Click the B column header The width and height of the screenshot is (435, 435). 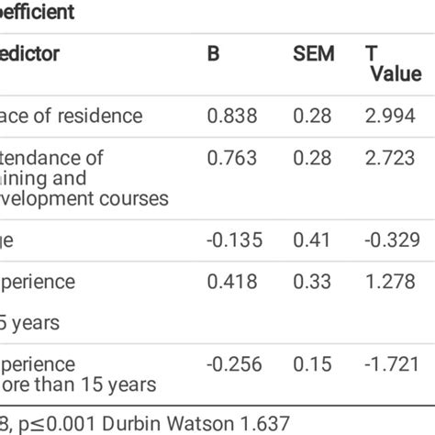pos(213,54)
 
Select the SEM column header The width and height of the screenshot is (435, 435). pos(313,54)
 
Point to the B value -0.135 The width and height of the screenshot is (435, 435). pos(233,240)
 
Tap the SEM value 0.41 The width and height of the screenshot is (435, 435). pos(311,240)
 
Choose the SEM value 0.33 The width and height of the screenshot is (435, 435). pos(311,282)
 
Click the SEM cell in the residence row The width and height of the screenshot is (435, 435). pos(311,116)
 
